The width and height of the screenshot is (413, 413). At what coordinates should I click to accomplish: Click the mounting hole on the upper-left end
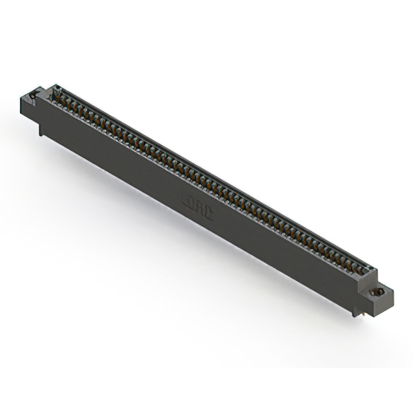[31, 98]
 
